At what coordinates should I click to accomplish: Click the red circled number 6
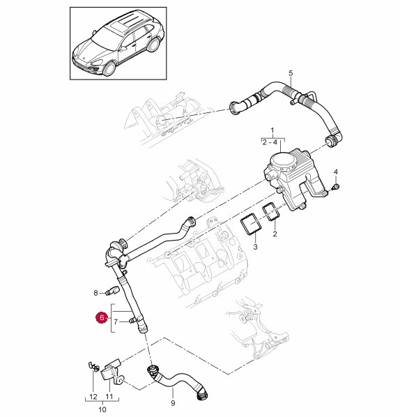click(x=102, y=317)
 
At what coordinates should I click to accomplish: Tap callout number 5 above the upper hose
click(x=291, y=73)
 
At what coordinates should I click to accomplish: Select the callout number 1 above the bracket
click(x=272, y=130)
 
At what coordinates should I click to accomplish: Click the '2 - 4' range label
click(x=270, y=142)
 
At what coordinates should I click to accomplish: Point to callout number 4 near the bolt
click(x=336, y=172)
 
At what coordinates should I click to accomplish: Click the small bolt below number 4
click(x=336, y=186)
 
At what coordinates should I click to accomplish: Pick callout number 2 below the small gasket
click(x=275, y=234)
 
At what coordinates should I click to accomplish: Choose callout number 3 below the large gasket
click(x=255, y=247)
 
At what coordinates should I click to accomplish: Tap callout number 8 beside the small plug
click(x=95, y=293)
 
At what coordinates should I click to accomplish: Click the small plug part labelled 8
click(x=112, y=291)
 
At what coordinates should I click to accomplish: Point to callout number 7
click(x=116, y=322)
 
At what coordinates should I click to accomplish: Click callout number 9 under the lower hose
click(x=173, y=403)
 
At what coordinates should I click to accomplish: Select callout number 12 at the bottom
click(x=93, y=397)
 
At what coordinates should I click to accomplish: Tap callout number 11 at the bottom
click(x=109, y=397)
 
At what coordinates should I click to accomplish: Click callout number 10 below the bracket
click(x=102, y=409)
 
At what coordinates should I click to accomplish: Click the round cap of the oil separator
click(x=283, y=160)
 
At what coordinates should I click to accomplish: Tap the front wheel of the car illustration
click(x=109, y=68)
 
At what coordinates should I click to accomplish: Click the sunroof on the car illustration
click(x=117, y=26)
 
